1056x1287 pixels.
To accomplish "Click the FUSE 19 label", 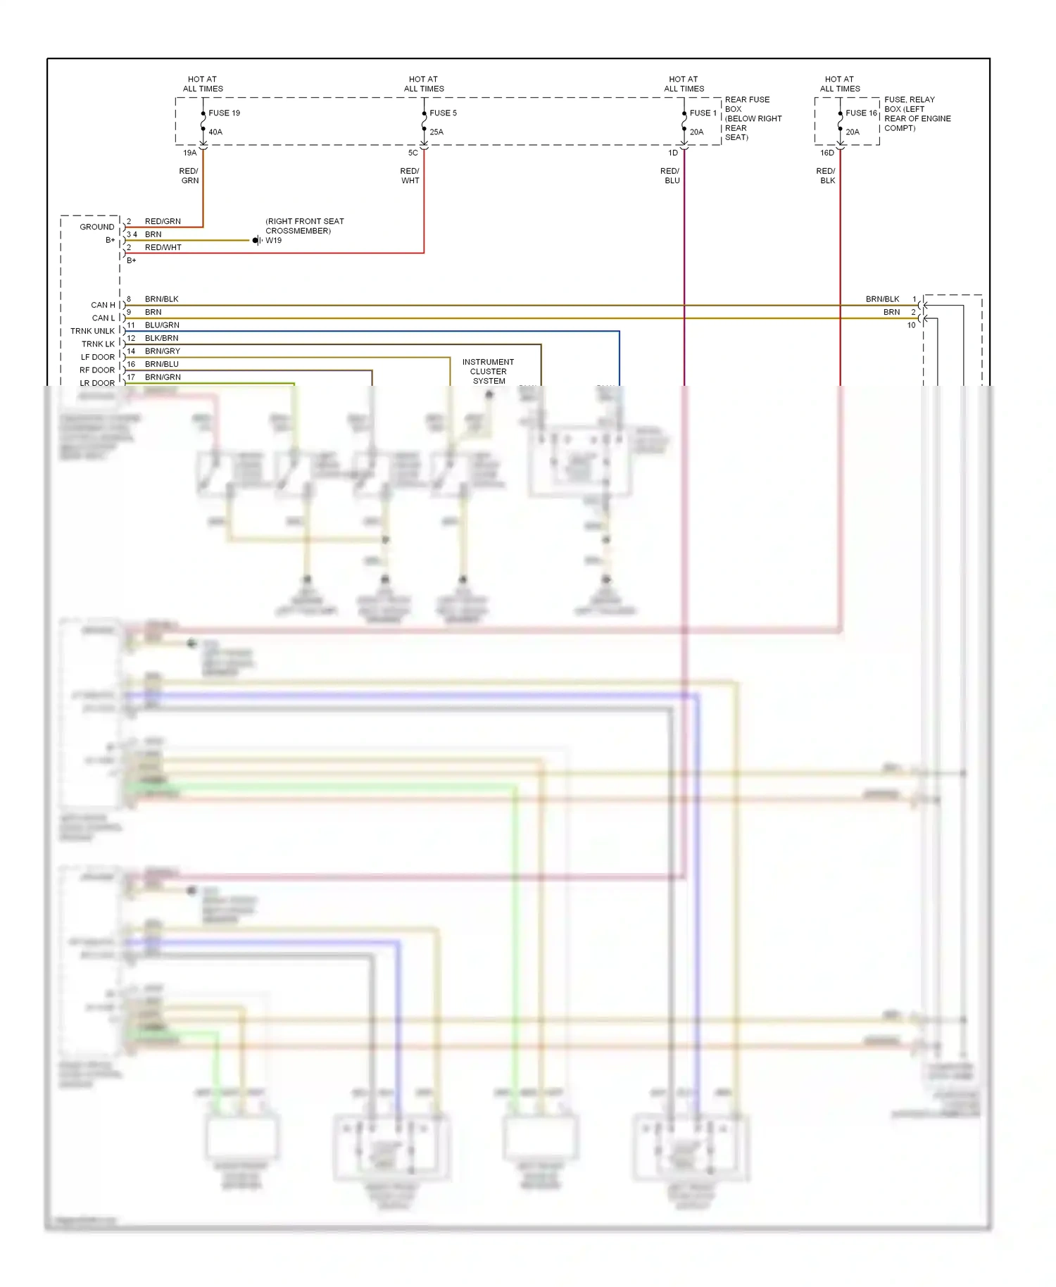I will [x=224, y=113].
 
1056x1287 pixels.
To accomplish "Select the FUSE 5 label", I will [x=443, y=113].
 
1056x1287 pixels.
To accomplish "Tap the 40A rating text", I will [x=215, y=132].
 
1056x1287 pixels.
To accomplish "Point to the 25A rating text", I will [x=436, y=132].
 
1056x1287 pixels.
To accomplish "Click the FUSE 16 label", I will [x=861, y=113].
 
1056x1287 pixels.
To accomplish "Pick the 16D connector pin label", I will [x=826, y=153].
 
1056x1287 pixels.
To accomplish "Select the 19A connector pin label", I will [x=190, y=153].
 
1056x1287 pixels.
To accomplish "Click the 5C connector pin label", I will [x=413, y=153].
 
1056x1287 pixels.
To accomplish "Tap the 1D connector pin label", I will [x=673, y=153].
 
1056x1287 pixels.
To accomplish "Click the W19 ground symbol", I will [x=257, y=241].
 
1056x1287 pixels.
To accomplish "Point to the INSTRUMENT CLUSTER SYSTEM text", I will [x=488, y=371].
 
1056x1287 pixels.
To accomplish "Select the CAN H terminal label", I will [x=103, y=305].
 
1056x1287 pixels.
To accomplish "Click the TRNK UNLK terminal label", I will [x=92, y=331].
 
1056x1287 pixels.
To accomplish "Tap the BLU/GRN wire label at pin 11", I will [x=162, y=325].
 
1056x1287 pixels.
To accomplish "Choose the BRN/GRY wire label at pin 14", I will [x=163, y=351].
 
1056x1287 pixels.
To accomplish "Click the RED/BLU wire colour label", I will [x=670, y=176].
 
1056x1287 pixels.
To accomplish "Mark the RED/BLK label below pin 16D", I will [x=826, y=176].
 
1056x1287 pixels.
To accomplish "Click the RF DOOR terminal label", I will [x=97, y=370].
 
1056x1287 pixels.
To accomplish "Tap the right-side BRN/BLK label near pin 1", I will [x=882, y=299].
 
